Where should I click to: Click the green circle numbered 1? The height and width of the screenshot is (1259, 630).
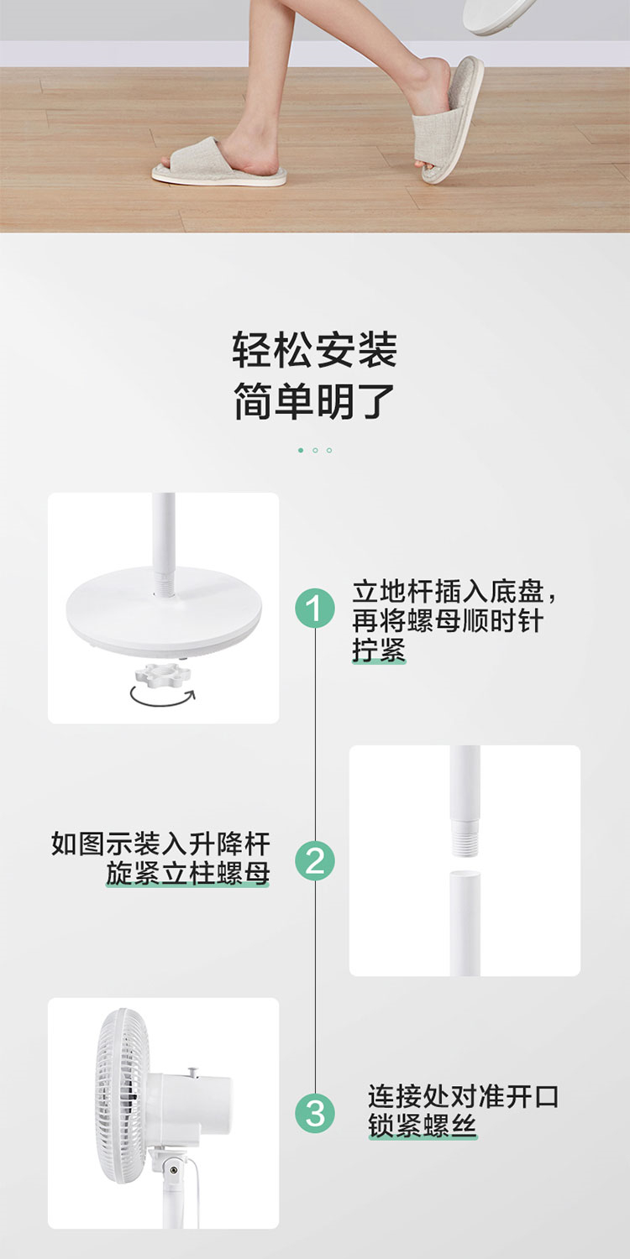(315, 609)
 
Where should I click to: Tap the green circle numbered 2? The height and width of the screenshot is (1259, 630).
(315, 860)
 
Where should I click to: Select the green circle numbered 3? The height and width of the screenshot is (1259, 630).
(315, 1112)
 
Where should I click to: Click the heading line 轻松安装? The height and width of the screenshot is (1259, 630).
(315, 350)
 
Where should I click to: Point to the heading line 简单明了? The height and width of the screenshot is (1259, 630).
(315, 401)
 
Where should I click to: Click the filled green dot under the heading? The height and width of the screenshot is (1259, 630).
(301, 450)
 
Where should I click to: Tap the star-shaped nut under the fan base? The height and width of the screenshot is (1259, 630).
(163, 673)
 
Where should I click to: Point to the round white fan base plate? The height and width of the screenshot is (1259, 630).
(164, 613)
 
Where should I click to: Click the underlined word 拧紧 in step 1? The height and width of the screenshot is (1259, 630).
(379, 650)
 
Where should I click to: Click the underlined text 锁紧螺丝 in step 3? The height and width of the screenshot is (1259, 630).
(423, 1126)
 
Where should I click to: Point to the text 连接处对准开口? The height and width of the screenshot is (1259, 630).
(463, 1096)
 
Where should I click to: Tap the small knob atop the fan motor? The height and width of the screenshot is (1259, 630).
(194, 1071)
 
